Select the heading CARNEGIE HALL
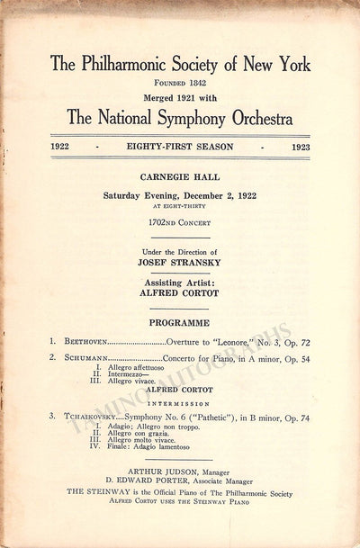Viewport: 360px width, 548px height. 179,179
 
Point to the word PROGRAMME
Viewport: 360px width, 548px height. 179,321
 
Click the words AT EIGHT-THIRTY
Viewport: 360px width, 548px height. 179,205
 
